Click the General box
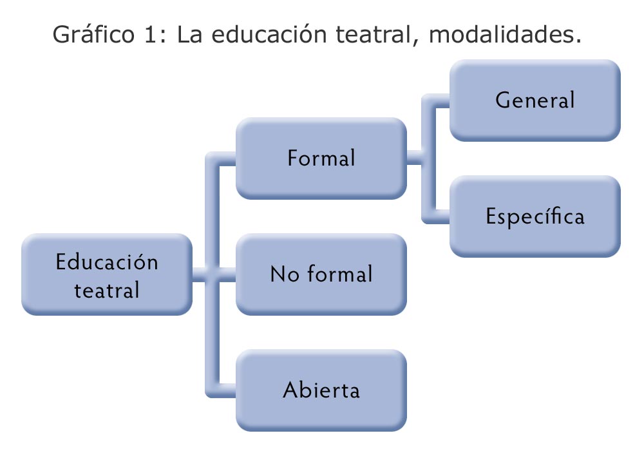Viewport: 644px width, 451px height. click(x=535, y=101)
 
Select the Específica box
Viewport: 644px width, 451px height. click(x=535, y=216)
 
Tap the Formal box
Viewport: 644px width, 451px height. click(x=321, y=158)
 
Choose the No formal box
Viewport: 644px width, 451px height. click(x=321, y=274)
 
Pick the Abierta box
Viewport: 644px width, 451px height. click(x=321, y=390)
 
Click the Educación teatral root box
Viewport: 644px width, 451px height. click(x=107, y=274)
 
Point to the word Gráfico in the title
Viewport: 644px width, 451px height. click(x=93, y=35)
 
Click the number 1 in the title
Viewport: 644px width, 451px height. click(x=150, y=34)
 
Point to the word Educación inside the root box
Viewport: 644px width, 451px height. click(x=107, y=261)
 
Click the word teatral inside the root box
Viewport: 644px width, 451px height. click(x=107, y=290)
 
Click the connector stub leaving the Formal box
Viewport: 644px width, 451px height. click(x=414, y=158)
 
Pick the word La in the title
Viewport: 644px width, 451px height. click(x=190, y=34)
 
